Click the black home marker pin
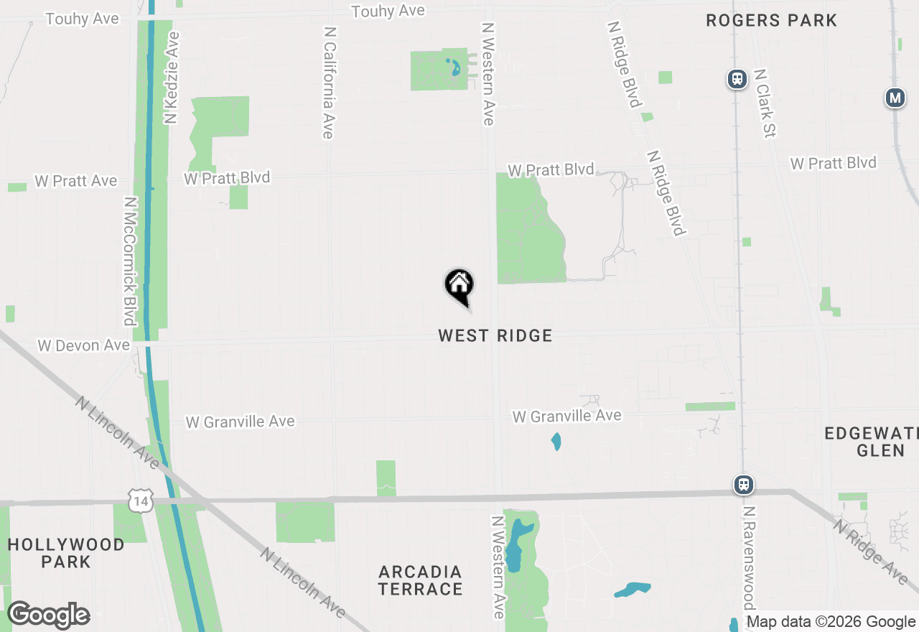point(459,285)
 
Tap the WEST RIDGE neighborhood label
point(495,335)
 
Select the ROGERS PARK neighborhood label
point(771,20)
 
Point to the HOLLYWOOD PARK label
point(66,553)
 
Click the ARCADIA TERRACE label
point(421,580)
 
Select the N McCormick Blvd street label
point(129,261)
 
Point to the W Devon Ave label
point(83,345)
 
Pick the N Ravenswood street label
point(748,557)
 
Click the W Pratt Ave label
point(76,181)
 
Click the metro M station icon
point(895,98)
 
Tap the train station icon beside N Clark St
point(737,79)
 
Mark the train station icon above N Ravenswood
point(745,485)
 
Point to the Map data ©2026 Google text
point(831,622)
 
